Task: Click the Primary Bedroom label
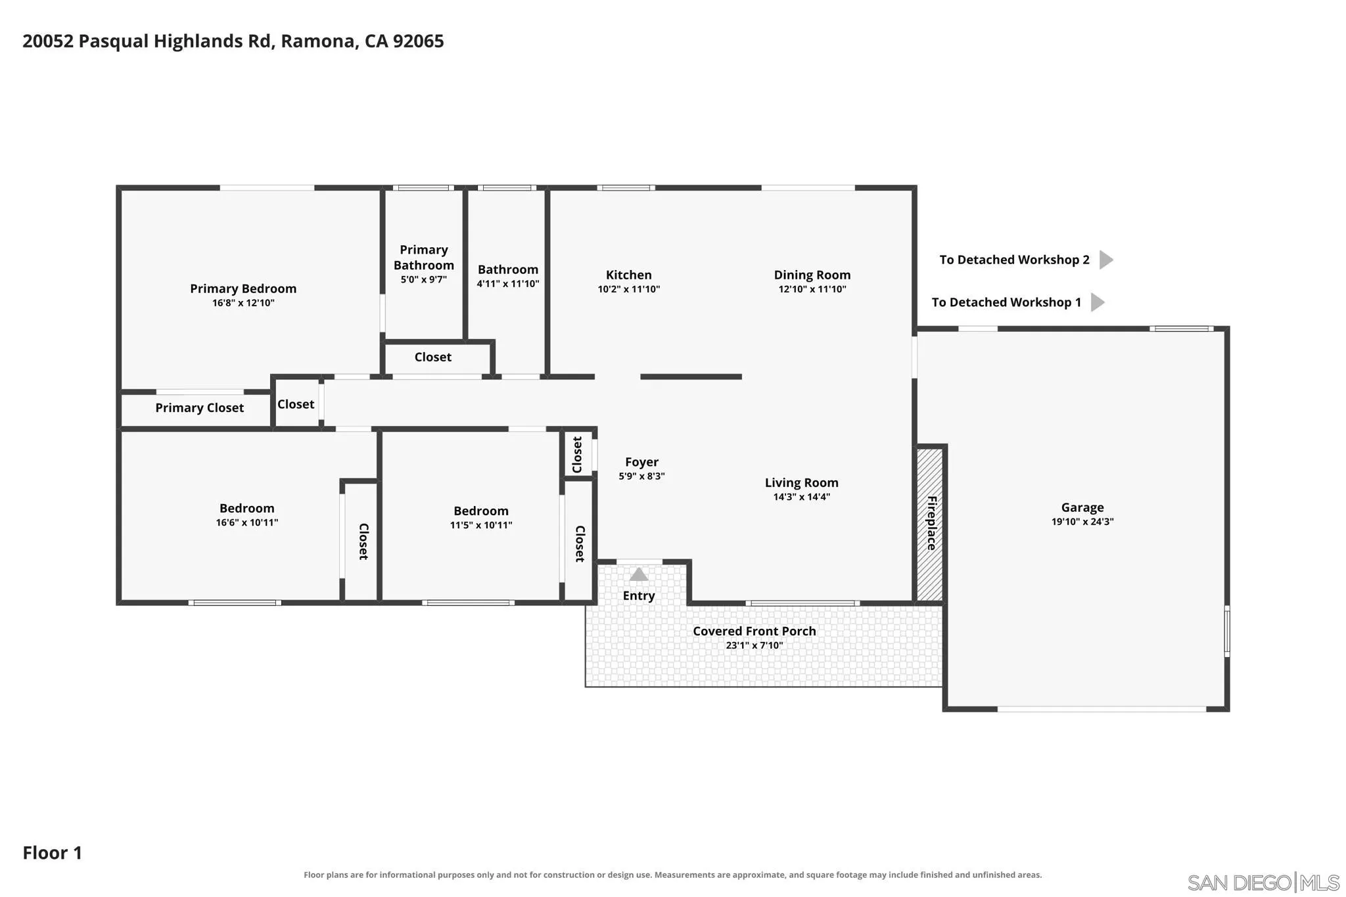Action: pos(243,288)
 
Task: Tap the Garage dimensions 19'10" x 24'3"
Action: pos(1082,522)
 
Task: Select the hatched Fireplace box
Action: pos(931,524)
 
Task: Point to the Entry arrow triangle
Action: pos(639,574)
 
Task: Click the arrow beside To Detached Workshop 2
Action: pos(1106,260)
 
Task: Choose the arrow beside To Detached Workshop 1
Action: pos(1098,302)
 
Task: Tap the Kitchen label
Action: pos(629,275)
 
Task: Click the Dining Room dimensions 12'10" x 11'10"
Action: pos(812,289)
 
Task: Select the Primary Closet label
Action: pos(199,408)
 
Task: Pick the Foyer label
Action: pos(641,462)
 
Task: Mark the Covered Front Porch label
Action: pos(754,631)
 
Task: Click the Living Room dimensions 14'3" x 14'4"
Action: pos(802,497)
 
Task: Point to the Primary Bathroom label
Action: pos(424,258)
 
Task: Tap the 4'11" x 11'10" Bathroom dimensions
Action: pos(508,284)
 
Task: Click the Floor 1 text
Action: pos(53,853)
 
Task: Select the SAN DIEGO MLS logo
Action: pos(1263,882)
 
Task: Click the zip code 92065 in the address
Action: pos(419,41)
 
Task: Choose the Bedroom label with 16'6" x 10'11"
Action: pos(247,508)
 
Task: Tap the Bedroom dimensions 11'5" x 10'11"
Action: pos(481,525)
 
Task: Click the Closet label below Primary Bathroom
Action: pos(433,357)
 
